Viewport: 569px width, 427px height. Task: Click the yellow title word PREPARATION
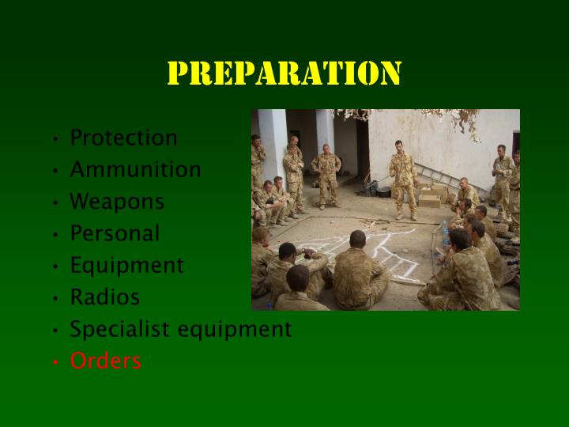[284, 74]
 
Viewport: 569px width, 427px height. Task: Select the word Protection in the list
[123, 138]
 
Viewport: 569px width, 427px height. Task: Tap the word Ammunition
[135, 169]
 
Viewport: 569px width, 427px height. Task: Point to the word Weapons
[117, 202]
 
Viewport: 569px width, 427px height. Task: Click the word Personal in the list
[115, 233]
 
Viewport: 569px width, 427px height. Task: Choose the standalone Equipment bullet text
[126, 266]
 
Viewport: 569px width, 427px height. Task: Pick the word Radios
[104, 297]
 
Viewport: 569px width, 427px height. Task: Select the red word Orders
[105, 361]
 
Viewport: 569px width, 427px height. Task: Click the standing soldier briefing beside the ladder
[405, 178]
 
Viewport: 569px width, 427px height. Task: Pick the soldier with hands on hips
[326, 174]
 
